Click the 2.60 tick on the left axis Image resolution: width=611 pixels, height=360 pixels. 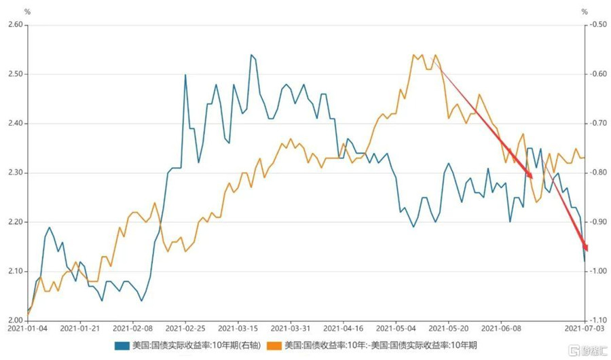(14, 25)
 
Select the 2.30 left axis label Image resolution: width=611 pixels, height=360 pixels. (14, 173)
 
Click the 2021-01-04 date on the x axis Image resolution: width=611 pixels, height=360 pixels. (29, 329)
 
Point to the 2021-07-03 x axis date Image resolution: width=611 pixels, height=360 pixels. (585, 329)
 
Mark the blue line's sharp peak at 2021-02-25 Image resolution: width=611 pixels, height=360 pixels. (185, 75)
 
